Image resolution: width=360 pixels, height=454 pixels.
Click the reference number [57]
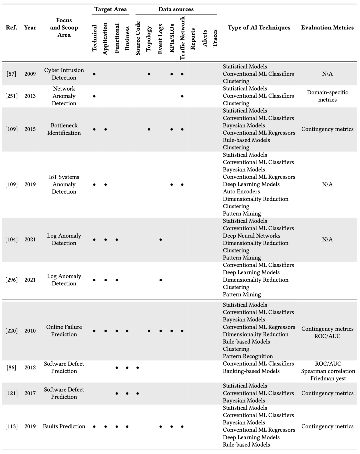[11, 74]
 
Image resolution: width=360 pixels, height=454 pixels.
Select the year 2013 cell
[30, 96]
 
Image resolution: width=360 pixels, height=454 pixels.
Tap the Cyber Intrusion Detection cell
[64, 74]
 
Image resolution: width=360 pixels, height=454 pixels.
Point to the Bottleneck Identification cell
[64, 129]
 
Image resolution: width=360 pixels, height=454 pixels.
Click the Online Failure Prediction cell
[64, 331]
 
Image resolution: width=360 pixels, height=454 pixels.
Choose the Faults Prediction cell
[64, 426]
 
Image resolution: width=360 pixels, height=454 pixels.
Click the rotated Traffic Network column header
[182, 38]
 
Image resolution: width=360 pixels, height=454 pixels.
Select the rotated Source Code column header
[138, 38]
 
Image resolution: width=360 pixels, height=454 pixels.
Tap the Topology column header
[149, 39]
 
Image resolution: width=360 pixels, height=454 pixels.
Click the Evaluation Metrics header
[327, 28]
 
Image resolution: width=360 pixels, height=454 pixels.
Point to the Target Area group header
[111, 9]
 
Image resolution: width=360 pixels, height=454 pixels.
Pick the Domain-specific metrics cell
[327, 96]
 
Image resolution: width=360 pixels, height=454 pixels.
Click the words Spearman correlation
[328, 371]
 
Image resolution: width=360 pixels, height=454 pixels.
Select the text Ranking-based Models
[251, 371]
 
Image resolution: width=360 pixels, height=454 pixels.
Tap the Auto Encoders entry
[241, 192]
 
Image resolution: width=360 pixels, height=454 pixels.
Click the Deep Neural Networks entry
[252, 236]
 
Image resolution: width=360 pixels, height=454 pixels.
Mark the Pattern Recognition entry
[248, 356]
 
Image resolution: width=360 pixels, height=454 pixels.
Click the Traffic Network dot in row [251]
[182, 96]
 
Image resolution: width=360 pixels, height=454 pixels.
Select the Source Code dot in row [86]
[138, 368]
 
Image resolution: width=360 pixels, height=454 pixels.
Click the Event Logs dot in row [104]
[161, 240]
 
